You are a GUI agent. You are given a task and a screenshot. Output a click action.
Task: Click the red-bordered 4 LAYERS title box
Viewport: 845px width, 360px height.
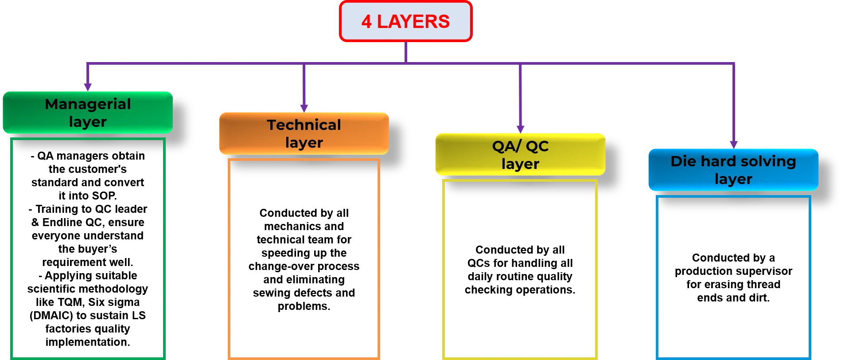tap(405, 21)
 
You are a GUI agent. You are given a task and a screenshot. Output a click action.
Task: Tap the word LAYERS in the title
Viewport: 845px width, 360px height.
tap(413, 22)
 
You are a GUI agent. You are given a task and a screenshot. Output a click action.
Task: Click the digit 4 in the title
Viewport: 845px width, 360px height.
tap(366, 22)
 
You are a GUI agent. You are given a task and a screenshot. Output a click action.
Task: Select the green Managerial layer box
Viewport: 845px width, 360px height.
tap(88, 113)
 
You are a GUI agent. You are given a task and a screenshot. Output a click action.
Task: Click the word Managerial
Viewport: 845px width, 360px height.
tap(88, 104)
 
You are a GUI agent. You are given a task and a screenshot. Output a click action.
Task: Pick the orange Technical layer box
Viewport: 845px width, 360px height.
tap(304, 133)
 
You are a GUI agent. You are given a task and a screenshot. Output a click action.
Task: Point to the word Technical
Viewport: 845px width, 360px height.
tap(304, 125)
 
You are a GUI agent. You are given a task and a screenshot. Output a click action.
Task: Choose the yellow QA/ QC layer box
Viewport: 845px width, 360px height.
tap(520, 154)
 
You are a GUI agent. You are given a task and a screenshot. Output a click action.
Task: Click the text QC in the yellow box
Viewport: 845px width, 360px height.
tap(537, 146)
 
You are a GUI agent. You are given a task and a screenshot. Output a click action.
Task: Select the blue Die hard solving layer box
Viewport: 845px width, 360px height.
tap(733, 170)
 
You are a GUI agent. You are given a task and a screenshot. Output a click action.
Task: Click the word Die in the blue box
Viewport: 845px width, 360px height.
tap(683, 161)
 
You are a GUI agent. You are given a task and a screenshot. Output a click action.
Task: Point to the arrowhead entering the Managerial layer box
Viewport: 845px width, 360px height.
tap(88, 86)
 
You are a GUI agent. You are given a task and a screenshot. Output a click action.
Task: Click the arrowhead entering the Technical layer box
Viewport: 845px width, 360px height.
tap(304, 107)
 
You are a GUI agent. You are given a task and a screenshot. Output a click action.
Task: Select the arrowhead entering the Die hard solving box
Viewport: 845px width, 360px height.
tap(734, 143)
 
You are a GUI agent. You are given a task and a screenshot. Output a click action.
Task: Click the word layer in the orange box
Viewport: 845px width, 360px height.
tap(304, 143)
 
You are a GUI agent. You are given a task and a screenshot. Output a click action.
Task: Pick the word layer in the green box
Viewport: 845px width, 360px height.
tap(88, 122)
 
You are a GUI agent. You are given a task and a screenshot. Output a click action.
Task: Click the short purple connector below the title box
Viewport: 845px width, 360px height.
tap(405, 51)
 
